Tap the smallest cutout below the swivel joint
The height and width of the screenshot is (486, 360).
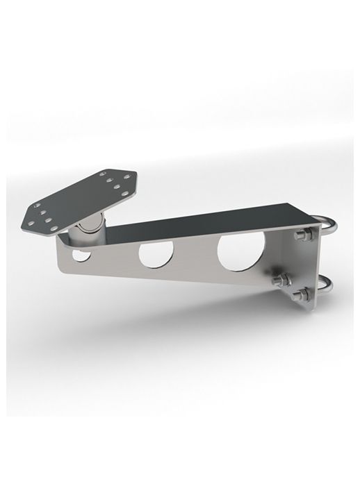[x=81, y=255]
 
